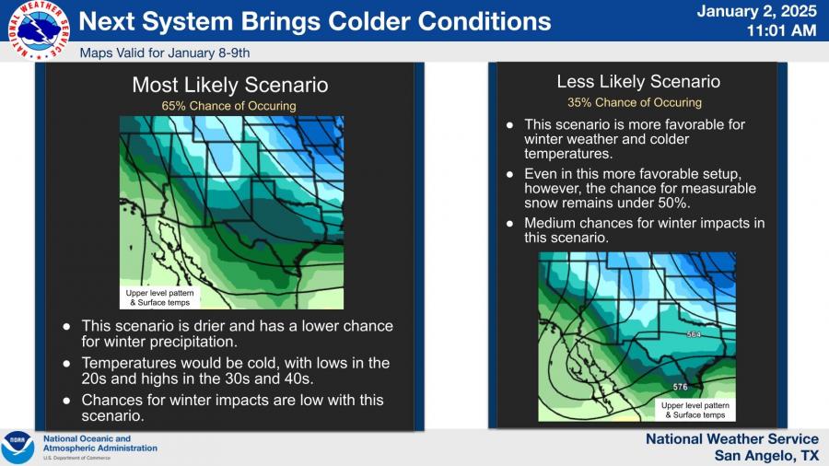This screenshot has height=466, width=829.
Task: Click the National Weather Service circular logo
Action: click(x=39, y=29)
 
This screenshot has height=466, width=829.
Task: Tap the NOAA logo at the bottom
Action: click(x=18, y=448)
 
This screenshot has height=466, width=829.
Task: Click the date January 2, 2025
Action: click(x=756, y=12)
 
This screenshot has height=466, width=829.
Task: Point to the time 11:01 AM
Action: click(x=781, y=30)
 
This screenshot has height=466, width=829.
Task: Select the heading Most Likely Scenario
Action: click(x=230, y=85)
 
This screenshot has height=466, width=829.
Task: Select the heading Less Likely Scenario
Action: click(x=638, y=81)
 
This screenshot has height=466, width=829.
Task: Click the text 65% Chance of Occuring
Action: click(x=229, y=106)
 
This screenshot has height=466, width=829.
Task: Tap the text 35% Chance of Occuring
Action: click(x=635, y=102)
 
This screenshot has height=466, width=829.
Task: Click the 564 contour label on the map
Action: click(x=694, y=334)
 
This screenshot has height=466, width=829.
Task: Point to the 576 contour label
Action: click(x=680, y=388)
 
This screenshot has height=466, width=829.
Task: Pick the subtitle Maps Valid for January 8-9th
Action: click(x=165, y=52)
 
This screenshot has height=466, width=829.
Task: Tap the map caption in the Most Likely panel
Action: click(x=159, y=297)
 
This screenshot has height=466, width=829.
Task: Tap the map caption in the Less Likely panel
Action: click(x=695, y=410)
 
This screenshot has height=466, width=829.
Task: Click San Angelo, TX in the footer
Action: click(x=766, y=456)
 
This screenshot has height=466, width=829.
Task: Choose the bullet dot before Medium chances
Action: click(x=509, y=224)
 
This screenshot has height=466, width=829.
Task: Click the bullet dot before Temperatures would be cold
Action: click(x=66, y=364)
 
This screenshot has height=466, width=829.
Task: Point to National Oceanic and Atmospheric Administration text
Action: click(x=99, y=443)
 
